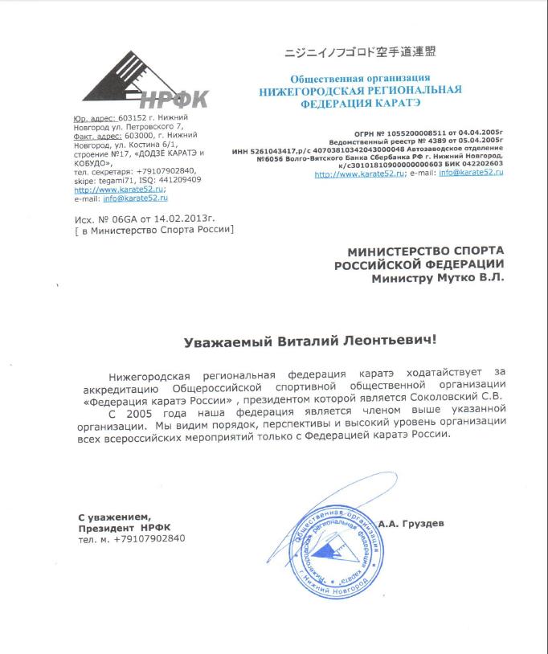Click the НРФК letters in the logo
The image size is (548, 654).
[173, 100]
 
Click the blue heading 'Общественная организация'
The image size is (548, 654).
[359, 78]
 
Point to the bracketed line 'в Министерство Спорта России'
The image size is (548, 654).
[153, 231]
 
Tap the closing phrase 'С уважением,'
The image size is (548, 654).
[113, 516]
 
